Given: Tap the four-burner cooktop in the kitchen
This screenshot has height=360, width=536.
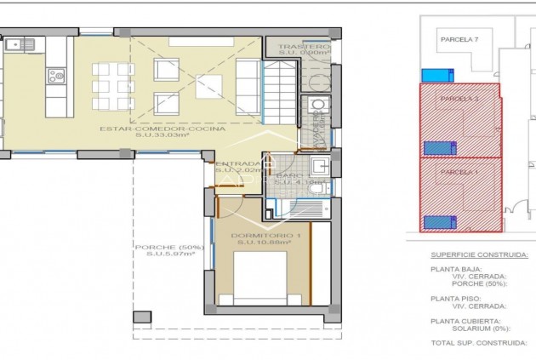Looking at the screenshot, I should click(56, 77).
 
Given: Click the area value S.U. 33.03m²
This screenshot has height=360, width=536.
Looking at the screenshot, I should click(163, 137).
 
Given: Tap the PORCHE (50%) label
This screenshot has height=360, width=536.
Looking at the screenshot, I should click(168, 247).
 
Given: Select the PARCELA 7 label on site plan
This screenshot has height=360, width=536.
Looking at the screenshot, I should click(459, 39).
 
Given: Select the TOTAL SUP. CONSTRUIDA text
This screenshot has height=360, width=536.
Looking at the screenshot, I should click(477, 343).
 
